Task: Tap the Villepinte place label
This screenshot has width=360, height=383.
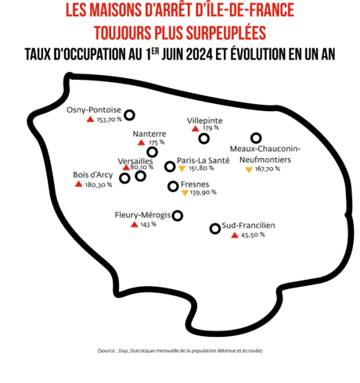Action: click(x=205, y=120)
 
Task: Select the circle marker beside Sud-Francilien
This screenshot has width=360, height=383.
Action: click(x=215, y=228)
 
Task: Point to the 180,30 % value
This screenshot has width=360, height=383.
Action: click(x=99, y=184)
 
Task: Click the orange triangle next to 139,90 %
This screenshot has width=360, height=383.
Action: click(x=185, y=193)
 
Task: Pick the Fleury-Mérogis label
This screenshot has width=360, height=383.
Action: click(x=142, y=215)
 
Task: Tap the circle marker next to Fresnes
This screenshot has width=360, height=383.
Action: click(x=173, y=186)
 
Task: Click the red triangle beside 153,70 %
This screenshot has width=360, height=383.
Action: click(x=90, y=119)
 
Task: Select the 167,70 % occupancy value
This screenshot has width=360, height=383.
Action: click(x=268, y=169)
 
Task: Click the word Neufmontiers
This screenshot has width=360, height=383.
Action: click(x=265, y=159)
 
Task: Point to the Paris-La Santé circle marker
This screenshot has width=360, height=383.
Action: click(x=170, y=166)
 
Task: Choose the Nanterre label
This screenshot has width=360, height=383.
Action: click(x=149, y=134)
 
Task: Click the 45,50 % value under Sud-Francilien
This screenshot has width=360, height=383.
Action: click(x=253, y=235)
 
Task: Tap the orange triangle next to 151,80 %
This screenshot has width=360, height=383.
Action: click(x=182, y=169)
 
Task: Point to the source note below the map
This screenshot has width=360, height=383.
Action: click(x=180, y=351)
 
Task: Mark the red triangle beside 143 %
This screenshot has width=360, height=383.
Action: click(x=135, y=224)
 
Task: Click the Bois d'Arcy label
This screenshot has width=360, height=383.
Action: click(x=93, y=175)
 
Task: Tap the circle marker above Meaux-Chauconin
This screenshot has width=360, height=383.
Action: click(x=256, y=138)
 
